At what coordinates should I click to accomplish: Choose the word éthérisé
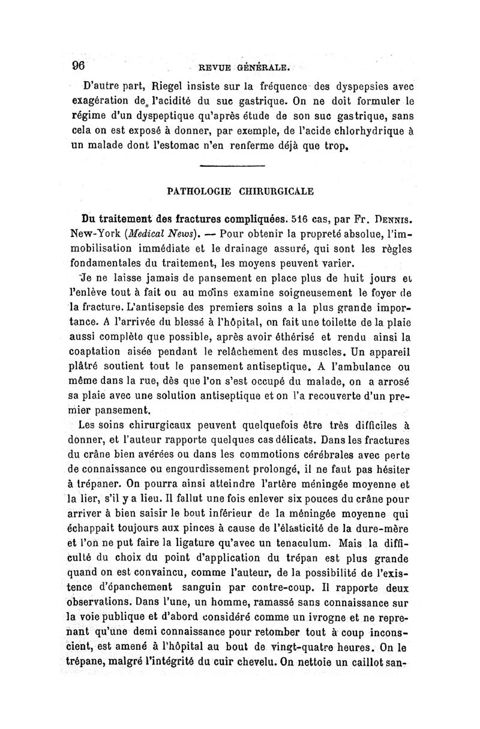[308, 339]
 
